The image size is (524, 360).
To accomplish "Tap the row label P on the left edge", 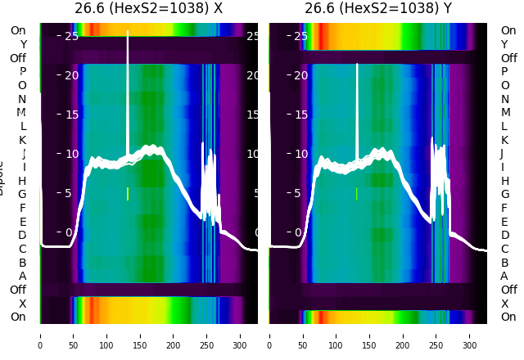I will pos(22,72).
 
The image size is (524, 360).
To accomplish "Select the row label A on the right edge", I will pos(504,276).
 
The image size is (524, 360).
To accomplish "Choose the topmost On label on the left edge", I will pos(18,30).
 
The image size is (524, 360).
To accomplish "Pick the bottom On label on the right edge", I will pos(508,317).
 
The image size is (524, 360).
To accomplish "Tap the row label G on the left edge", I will pos(22,194).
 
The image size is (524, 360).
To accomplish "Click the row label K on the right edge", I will pos(504,140).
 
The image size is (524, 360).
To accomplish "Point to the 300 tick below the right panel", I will pos(470,335).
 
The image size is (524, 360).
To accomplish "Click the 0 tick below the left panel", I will pos(40,335).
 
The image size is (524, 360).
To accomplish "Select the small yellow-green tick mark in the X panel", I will pos(128,194).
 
